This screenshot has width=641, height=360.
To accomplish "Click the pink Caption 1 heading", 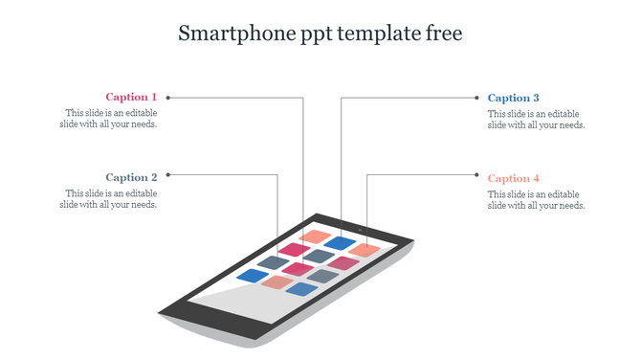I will click(x=131, y=97).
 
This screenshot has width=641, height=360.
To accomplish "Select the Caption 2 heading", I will click(x=131, y=177).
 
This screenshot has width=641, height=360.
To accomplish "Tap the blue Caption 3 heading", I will click(x=514, y=98).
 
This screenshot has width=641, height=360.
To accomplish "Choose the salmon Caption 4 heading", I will click(x=514, y=178).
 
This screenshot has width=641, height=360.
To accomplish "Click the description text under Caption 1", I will click(x=108, y=119).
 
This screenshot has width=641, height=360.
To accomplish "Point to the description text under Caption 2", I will click(x=108, y=199).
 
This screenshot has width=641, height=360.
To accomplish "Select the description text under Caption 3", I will click(x=536, y=119).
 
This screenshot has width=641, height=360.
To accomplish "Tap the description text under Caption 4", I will click(x=536, y=199).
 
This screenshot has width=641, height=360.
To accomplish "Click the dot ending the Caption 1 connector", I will click(x=168, y=97).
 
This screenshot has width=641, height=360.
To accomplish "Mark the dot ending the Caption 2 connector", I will click(x=168, y=174).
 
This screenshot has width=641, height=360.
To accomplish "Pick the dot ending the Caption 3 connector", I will click(x=476, y=97).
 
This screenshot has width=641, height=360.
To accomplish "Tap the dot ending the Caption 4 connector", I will click(x=476, y=174).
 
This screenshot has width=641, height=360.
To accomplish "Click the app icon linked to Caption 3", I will click(x=340, y=243).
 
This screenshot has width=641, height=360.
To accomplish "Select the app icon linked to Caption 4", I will click(x=365, y=250).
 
